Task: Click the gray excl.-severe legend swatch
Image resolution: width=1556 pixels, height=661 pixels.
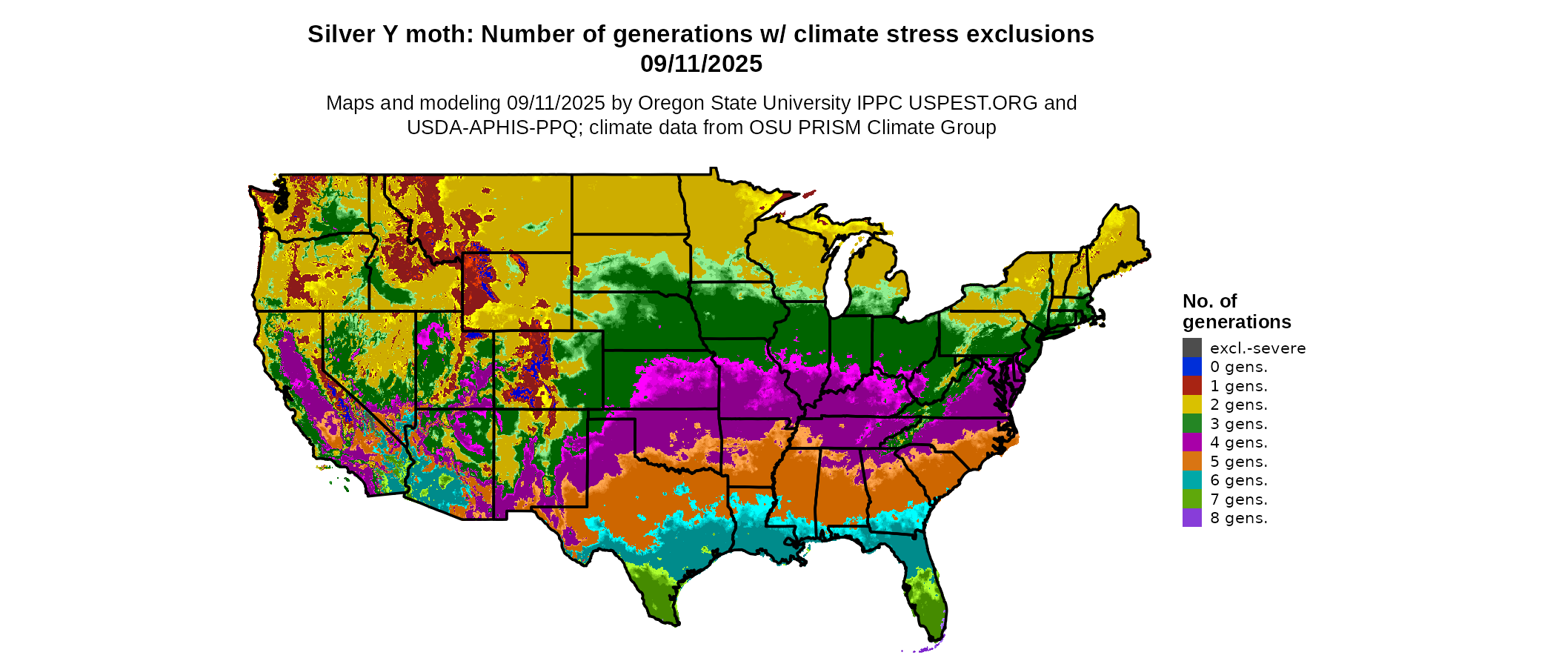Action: pos(1191,348)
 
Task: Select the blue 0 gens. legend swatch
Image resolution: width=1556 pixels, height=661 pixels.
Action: pos(1191,367)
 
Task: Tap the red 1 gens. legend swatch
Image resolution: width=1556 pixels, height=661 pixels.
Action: pos(1191,385)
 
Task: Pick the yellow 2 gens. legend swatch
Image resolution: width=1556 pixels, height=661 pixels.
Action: pos(1191,405)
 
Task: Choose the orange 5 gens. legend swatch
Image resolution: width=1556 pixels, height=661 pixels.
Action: pos(1191,461)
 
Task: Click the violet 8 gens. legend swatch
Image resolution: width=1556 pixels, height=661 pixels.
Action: pos(1191,518)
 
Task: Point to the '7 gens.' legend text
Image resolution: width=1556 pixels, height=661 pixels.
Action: pos(1238,499)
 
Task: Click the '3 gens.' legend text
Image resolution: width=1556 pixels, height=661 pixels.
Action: pos(1238,424)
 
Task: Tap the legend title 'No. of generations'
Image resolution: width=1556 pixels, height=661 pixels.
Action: pos(1236,311)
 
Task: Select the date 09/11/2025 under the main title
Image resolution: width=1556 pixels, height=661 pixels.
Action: pos(701,64)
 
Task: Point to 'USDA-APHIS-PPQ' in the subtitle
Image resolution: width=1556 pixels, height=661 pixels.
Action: pos(492,127)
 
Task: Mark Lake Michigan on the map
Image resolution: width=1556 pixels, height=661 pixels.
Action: pos(839,274)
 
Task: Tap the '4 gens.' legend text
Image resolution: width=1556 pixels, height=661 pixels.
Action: pos(1238,442)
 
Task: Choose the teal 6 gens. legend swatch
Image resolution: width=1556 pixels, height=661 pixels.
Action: pos(1191,480)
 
